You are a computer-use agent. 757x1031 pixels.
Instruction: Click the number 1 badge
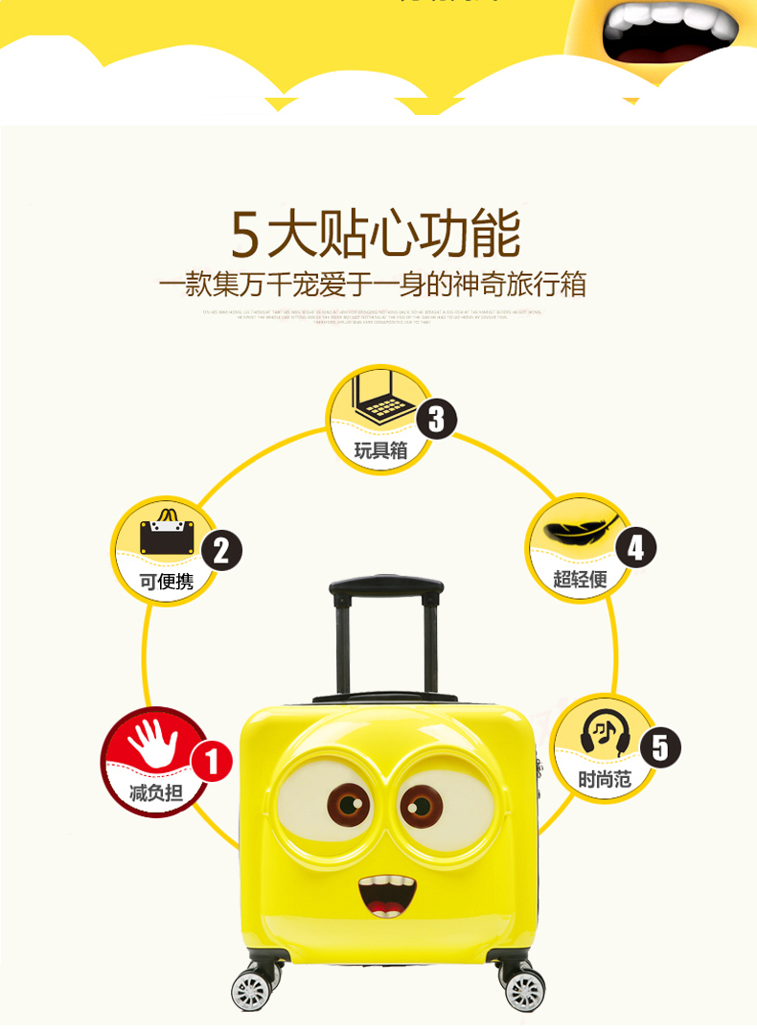tap(212, 762)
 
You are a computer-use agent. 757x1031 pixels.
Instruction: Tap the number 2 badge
tap(221, 550)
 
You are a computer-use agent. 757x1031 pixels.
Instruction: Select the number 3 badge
tap(436, 419)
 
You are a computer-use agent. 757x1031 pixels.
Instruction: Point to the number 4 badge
tap(635, 548)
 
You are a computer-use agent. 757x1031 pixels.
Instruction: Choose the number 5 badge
tap(659, 745)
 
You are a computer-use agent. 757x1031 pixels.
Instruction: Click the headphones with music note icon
tap(604, 734)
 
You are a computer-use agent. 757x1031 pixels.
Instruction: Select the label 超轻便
tap(580, 579)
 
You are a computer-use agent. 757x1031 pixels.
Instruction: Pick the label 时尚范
tap(605, 779)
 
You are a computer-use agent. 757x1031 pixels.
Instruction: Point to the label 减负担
tap(155, 792)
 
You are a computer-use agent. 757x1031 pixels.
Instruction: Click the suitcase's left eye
tap(347, 804)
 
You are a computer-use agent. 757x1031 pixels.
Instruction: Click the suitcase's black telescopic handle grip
tap(386, 585)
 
